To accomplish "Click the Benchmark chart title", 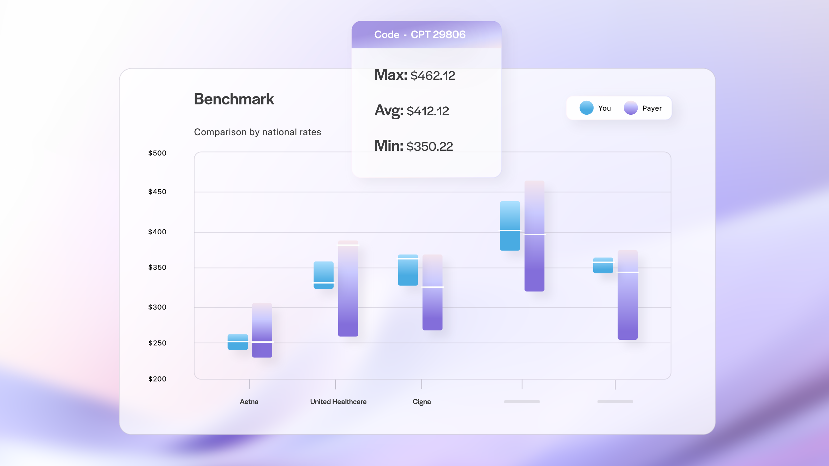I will (x=234, y=99).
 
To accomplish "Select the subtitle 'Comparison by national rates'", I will (x=257, y=132).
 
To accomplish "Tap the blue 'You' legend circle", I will (x=586, y=108).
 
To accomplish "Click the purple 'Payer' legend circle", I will (x=630, y=108).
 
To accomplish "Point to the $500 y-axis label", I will (x=157, y=153).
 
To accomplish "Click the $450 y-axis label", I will (x=157, y=192).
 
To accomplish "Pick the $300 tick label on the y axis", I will (x=157, y=307).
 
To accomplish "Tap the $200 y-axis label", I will (x=157, y=379).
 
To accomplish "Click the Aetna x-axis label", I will (x=249, y=402).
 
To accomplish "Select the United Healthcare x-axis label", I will (x=338, y=402).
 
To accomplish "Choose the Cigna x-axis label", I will (x=421, y=402).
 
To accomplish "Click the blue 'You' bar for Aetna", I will (x=237, y=342).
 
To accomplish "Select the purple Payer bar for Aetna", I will (x=262, y=330).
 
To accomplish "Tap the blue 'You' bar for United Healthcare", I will (x=323, y=275).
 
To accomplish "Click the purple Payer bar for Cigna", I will (x=432, y=292).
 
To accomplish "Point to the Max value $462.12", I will (x=432, y=76).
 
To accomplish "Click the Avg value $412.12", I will (x=427, y=111).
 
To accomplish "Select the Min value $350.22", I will (x=429, y=146).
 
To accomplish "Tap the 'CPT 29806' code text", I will (x=438, y=34).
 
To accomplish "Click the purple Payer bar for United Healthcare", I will (x=348, y=288).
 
